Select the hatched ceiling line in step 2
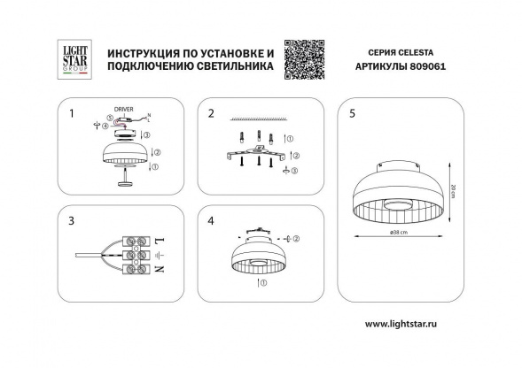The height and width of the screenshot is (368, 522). tap(258, 117)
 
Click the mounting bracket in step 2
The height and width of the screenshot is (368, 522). tap(257, 158)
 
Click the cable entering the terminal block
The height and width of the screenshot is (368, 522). tap(89, 256)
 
